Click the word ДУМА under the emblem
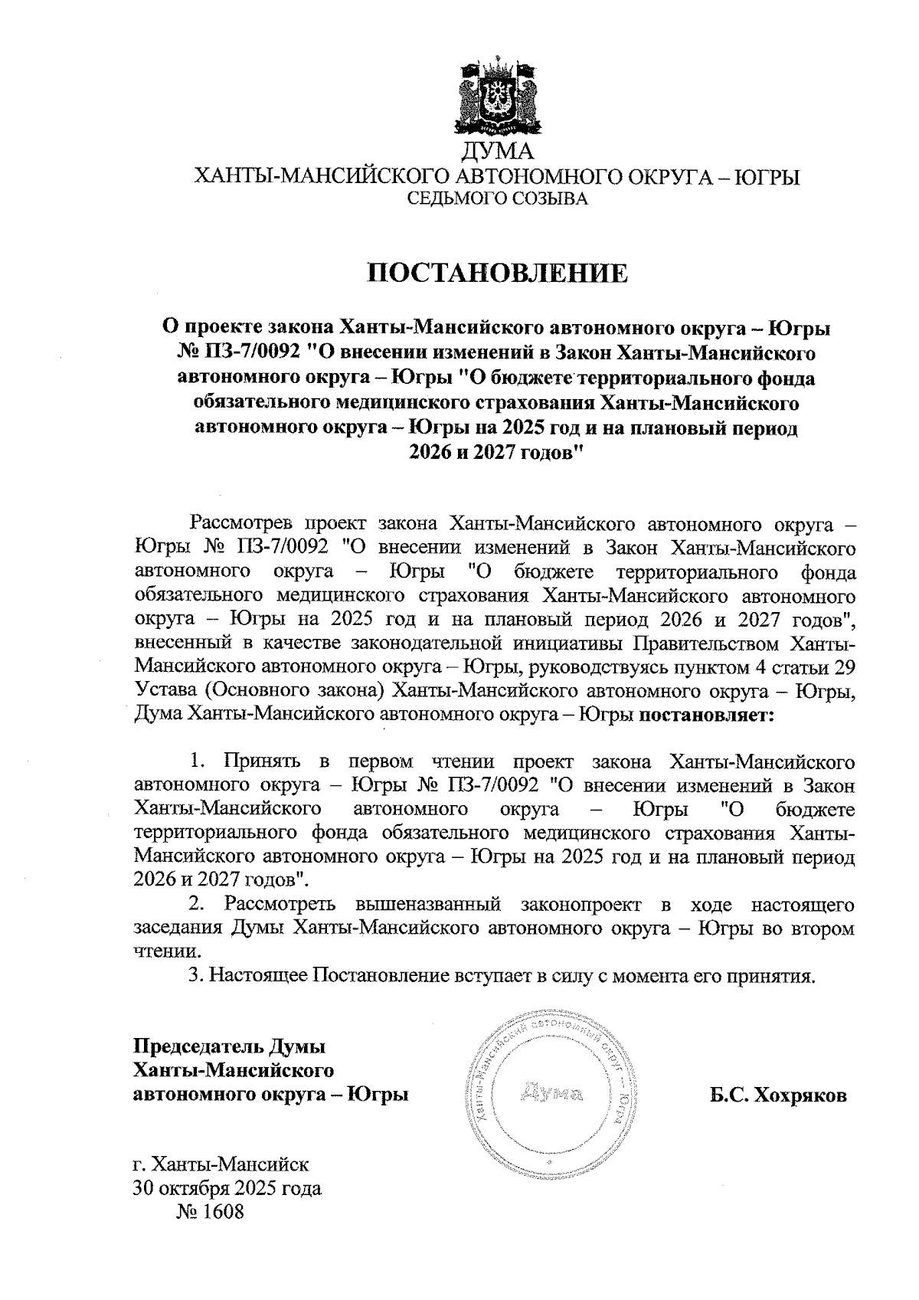(x=497, y=152)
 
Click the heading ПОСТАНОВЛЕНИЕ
(x=498, y=272)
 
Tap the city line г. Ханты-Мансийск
(x=221, y=1166)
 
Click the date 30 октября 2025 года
(x=227, y=1189)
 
